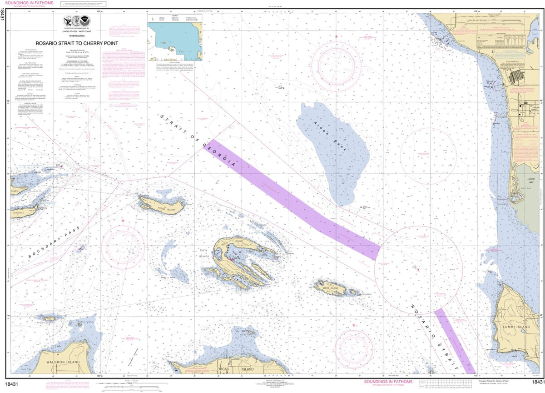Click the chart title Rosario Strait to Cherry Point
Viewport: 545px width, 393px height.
pos(77,44)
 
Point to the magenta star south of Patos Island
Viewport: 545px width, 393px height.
pos(123,221)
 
